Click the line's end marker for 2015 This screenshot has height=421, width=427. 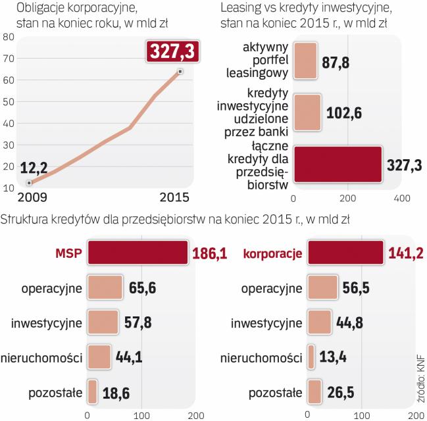coord(180,71)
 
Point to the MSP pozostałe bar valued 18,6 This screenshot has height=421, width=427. coord(92,393)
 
